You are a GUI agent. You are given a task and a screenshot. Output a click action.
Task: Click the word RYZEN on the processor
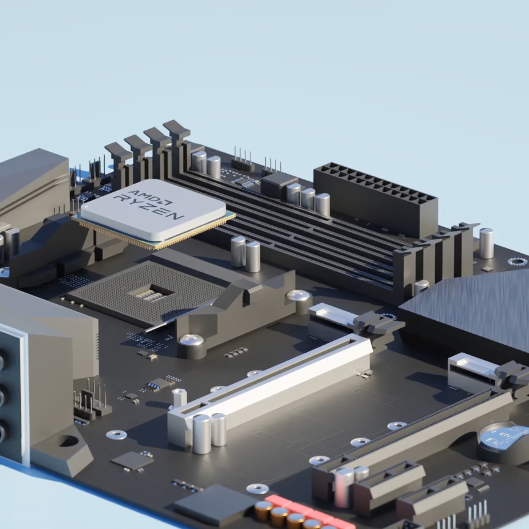[148, 206]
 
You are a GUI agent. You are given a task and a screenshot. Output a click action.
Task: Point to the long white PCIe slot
[270, 388]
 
